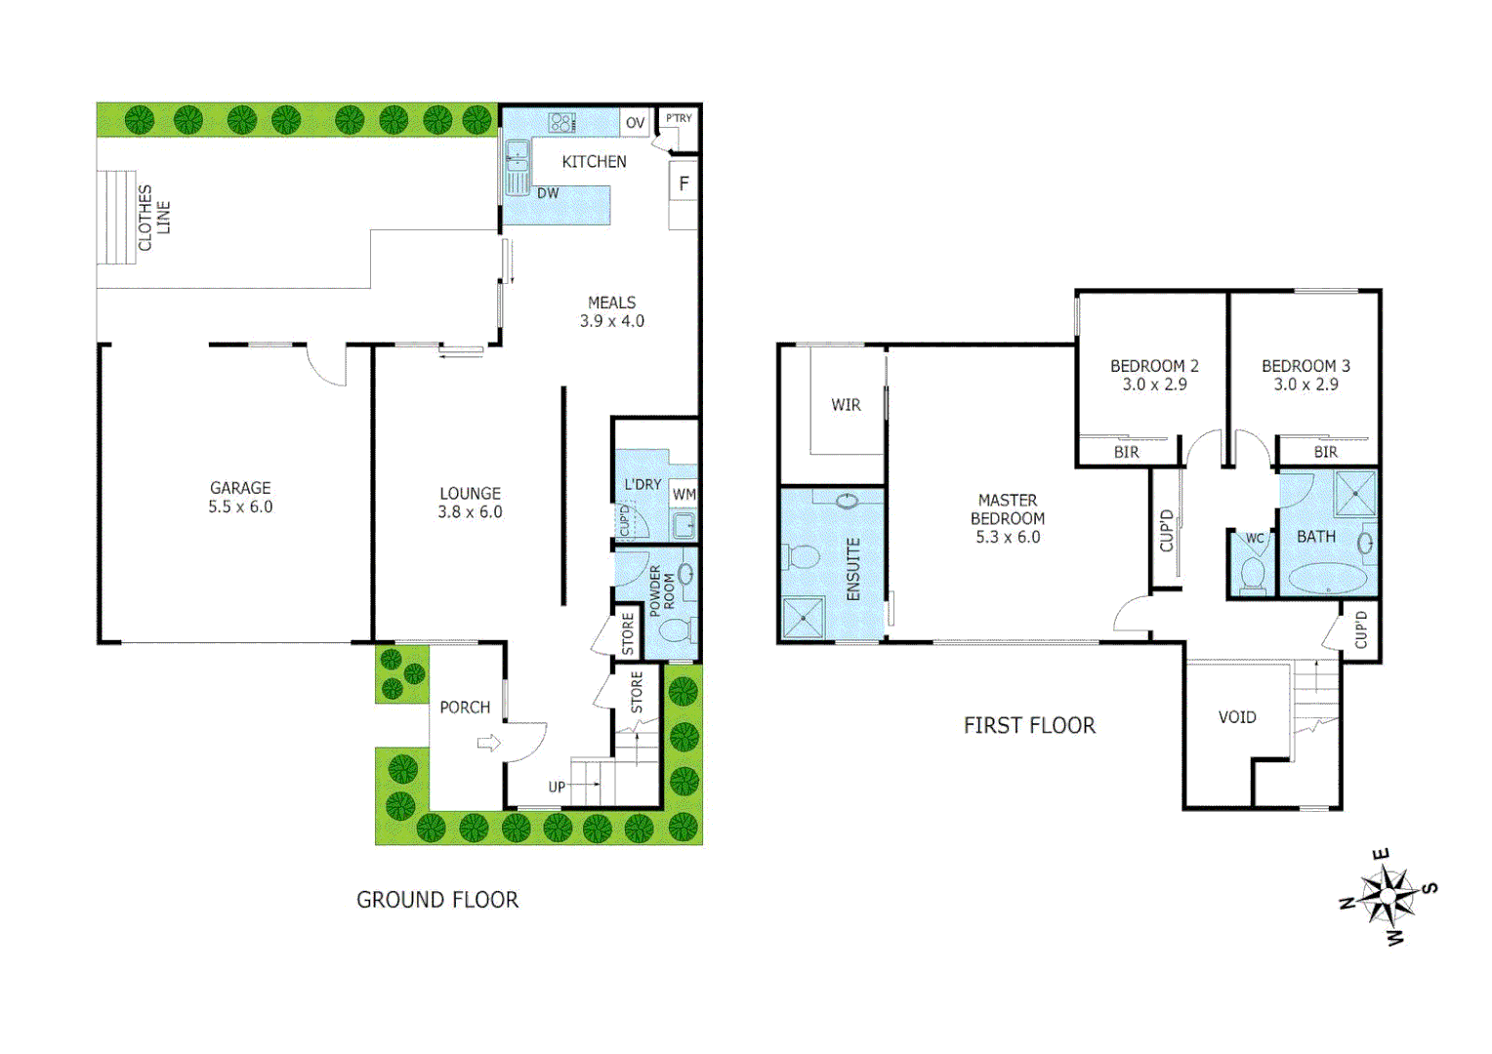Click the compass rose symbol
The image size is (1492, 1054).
pos(1388,896)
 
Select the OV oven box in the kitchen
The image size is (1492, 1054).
pos(635,123)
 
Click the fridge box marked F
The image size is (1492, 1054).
pos(684,183)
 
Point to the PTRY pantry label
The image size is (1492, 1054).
pos(679,118)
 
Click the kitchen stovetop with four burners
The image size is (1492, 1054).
pos(561,123)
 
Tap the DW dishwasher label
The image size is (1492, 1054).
pos(548,193)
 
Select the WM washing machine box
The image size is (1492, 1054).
pos(684,495)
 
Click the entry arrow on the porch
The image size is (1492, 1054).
pos(488,744)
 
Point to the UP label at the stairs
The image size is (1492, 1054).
pos(557,787)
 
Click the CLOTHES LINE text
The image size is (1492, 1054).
pos(153,218)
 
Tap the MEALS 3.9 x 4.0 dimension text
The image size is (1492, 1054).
pos(612,321)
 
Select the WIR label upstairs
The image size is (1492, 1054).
pos(846,405)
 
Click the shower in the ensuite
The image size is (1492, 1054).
pos(804,619)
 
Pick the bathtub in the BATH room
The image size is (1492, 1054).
pos(1327,579)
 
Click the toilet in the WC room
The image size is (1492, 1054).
pos(1252,574)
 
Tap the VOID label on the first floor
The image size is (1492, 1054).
pos(1237,717)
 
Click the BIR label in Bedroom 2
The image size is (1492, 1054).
pos(1126,452)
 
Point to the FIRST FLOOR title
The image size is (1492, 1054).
pos(1029,725)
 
